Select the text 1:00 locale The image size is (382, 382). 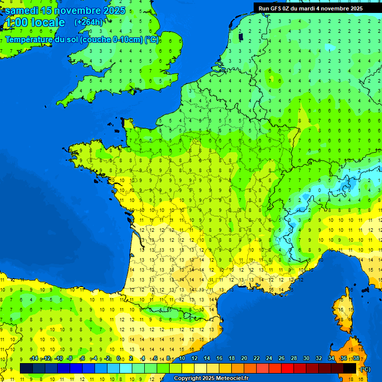[x=34, y=22]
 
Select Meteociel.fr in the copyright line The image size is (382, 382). [x=229, y=379]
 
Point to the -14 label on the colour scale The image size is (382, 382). [x=34, y=359]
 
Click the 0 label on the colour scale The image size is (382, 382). [x=118, y=359]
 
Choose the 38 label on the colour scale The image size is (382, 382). [x=356, y=359]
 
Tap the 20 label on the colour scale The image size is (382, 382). [x=244, y=359]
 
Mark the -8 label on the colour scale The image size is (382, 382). [x=70, y=359]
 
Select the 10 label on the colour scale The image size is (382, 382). [x=182, y=359]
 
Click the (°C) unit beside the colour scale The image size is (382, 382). [x=365, y=369]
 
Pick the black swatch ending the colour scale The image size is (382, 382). [x=350, y=368]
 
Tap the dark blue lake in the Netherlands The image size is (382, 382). [x=241, y=36]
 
